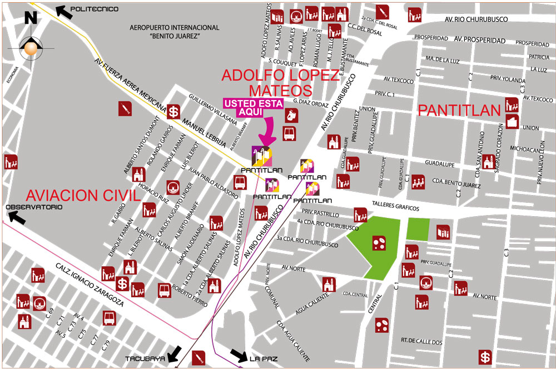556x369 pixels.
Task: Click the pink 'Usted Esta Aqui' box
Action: (x=253, y=107)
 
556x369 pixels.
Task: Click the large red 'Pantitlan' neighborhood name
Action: (x=459, y=110)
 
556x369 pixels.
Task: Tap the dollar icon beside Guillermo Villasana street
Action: (x=175, y=112)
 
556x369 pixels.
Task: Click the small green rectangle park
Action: (x=419, y=229)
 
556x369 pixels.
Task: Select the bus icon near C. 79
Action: (x=109, y=318)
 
